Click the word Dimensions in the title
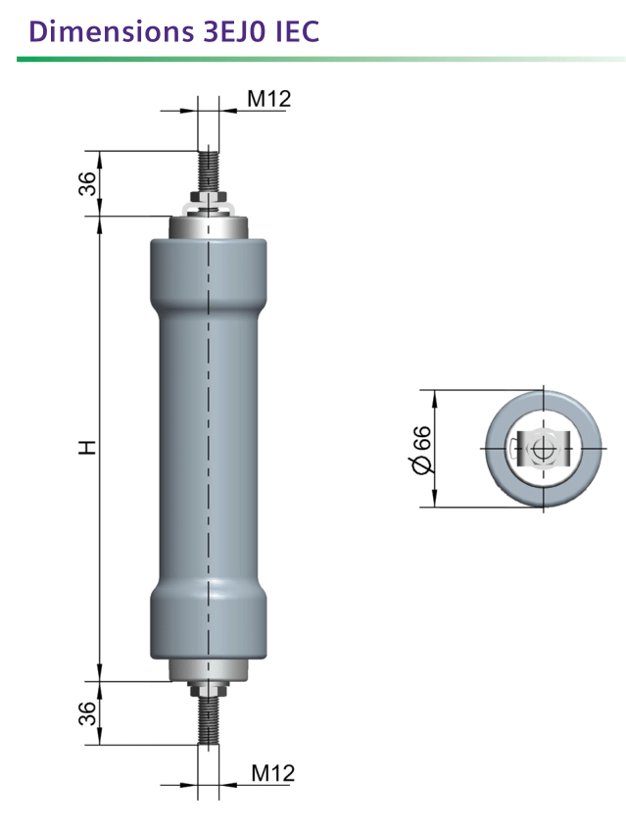(112, 31)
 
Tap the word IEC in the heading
(298, 31)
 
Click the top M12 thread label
(269, 99)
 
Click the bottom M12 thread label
(272, 773)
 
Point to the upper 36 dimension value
(88, 183)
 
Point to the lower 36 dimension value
(88, 713)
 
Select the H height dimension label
(88, 447)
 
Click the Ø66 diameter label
(422, 450)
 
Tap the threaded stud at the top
(209, 171)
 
